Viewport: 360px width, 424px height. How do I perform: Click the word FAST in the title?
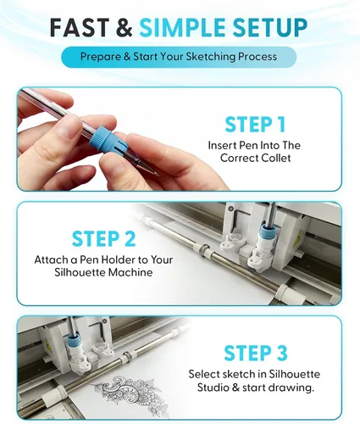click(x=80, y=27)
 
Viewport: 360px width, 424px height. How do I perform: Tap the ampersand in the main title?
click(x=124, y=27)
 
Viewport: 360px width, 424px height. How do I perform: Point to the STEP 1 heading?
click(x=255, y=125)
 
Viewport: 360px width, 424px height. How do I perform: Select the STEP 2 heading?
click(x=103, y=239)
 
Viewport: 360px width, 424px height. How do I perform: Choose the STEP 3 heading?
click(x=256, y=353)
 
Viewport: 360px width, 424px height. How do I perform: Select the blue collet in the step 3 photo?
click(x=74, y=343)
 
